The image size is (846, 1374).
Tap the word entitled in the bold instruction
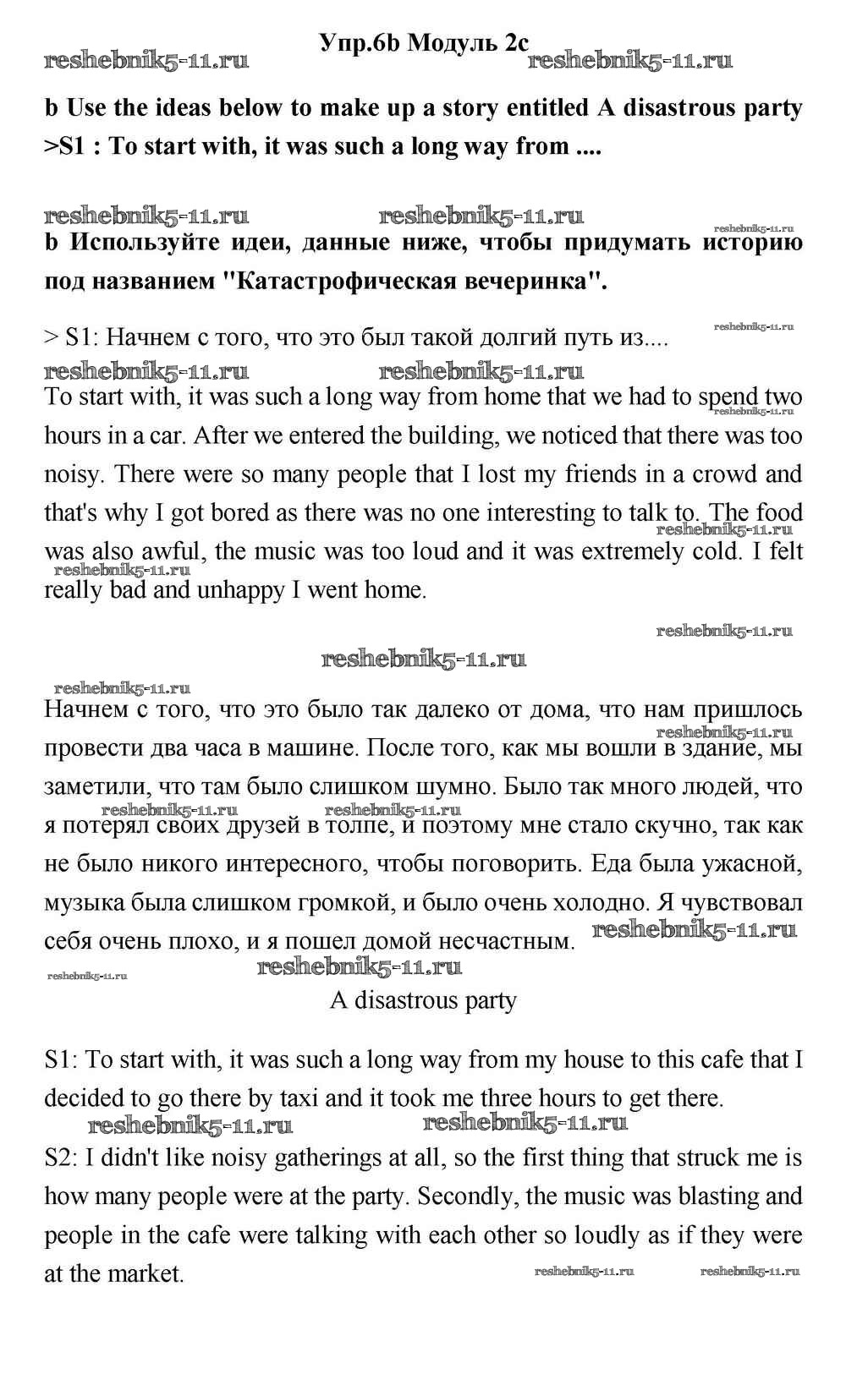530,108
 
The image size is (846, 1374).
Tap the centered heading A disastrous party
423,1001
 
